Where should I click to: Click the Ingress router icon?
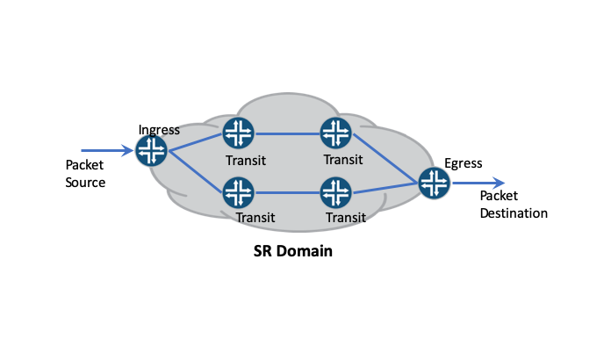coord(151,151)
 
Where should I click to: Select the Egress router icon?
coord(434,183)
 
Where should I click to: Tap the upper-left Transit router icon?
coord(237,133)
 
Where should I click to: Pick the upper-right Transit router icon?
coord(334,133)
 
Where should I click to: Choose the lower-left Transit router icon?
coord(237,191)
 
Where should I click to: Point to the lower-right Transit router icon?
coord(334,191)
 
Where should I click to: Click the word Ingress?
coord(159,130)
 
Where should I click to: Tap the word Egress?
coord(464,162)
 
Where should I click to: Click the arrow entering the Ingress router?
coord(107,151)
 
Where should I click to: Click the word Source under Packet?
coord(86,183)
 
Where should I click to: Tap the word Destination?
coord(514,213)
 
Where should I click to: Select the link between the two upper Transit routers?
coord(285,133)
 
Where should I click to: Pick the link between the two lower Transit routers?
coord(285,191)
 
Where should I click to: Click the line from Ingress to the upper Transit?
coord(194,142)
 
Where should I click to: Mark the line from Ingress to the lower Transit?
coord(194,171)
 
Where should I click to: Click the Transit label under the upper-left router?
coord(245,160)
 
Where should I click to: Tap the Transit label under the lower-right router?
coord(346,217)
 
